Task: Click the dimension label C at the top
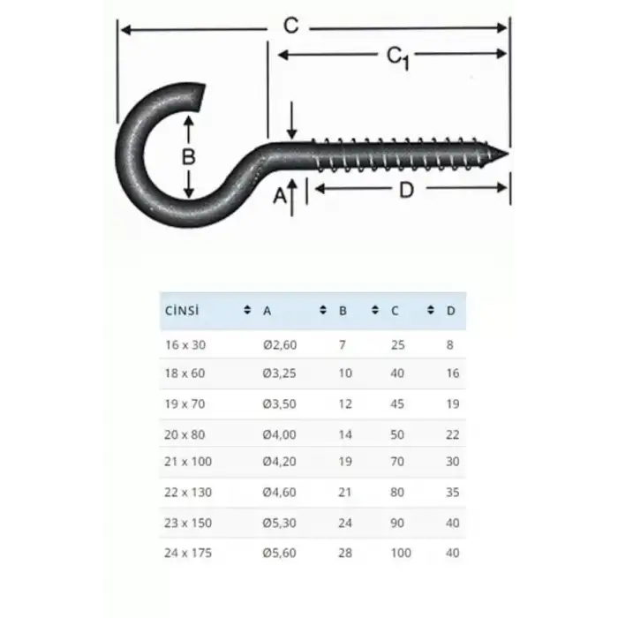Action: (290, 26)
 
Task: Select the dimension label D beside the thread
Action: (406, 188)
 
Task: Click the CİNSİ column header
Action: (182, 311)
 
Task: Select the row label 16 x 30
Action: (184, 344)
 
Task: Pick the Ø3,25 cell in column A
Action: (279, 373)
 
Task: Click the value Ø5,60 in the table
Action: (279, 554)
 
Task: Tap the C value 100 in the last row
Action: (402, 554)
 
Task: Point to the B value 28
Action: (345, 554)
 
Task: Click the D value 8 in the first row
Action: (450, 344)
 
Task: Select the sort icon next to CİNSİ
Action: (246, 311)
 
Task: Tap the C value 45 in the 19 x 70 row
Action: (398, 403)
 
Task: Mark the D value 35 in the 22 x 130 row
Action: (453, 493)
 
